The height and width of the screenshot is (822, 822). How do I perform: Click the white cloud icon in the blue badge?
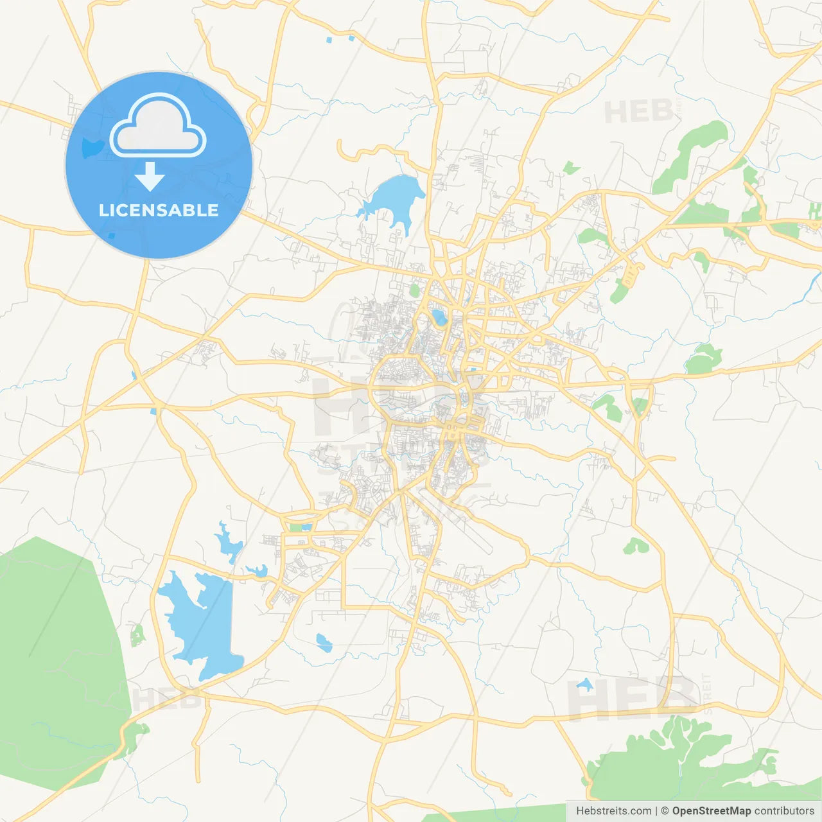(158, 127)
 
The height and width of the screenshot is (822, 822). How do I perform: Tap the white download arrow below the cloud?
(150, 177)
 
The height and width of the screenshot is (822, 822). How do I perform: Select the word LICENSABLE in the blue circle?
(159, 210)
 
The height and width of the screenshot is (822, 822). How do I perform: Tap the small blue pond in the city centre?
(439, 317)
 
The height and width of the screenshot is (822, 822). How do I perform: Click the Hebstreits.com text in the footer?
(613, 811)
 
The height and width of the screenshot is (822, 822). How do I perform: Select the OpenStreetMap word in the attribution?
(711, 811)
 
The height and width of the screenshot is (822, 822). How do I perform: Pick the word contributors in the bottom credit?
(784, 811)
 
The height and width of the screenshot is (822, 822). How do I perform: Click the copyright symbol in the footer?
(665, 811)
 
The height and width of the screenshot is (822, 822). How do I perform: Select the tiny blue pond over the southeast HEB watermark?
(584, 685)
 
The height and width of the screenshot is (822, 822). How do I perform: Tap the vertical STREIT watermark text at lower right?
(707, 694)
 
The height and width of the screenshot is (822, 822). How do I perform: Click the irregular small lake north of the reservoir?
(228, 543)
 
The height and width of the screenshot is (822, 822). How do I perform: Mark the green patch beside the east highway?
(703, 360)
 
